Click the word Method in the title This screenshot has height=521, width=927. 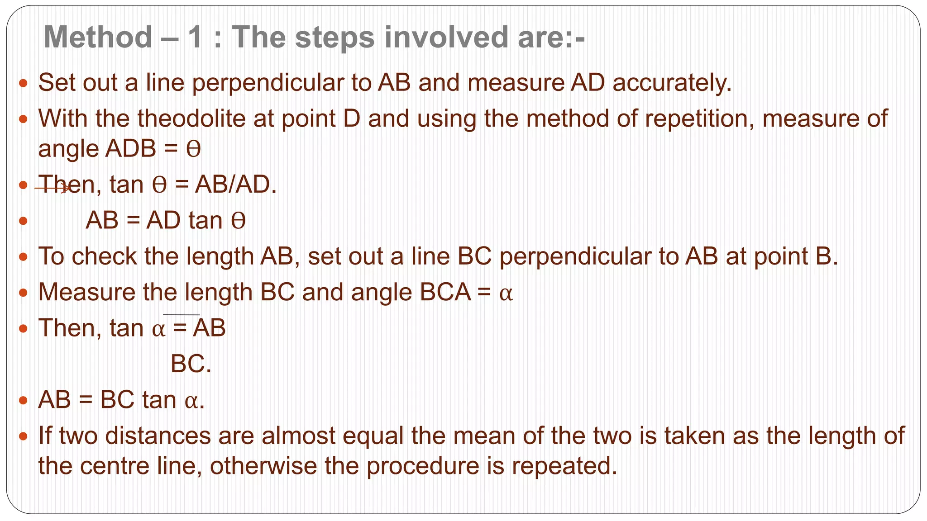coord(98,37)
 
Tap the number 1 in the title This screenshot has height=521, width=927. coord(195,37)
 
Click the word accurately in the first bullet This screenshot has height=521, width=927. coord(672,83)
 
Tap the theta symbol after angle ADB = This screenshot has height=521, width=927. coord(193,149)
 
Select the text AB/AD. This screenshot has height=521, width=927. coord(235,185)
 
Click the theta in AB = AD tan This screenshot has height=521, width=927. coord(238,221)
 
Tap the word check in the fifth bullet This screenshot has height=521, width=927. coord(104,256)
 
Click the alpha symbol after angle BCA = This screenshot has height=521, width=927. coord(506,294)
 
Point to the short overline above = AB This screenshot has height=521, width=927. coord(181,314)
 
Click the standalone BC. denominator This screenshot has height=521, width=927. coord(191,364)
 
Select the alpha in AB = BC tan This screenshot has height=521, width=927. coord(192,401)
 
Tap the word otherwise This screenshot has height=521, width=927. coord(263,466)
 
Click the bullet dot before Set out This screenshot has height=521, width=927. coord(24,83)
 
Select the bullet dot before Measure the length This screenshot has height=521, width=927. coord(24,293)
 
